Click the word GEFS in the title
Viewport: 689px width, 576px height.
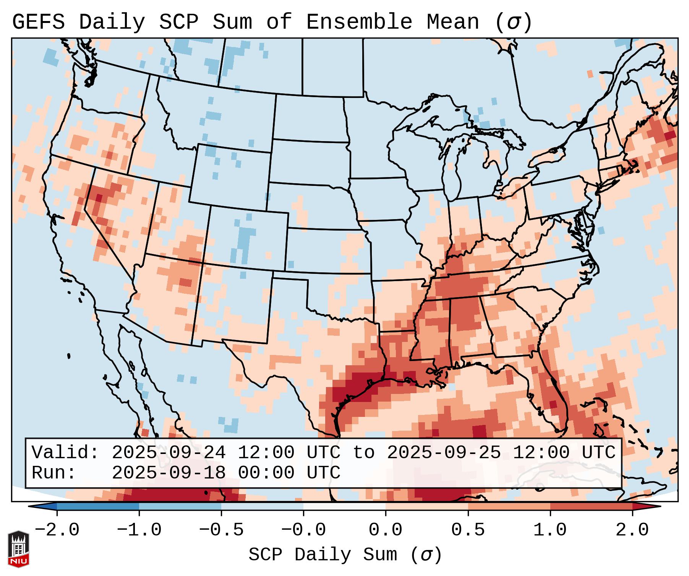pyautogui.click(x=38, y=22)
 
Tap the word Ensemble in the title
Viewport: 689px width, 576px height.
pyautogui.click(x=359, y=22)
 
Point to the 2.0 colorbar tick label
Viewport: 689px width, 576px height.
pyautogui.click(x=632, y=530)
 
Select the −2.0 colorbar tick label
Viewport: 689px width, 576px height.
pyautogui.click(x=57, y=530)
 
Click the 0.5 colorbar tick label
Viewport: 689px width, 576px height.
pyautogui.click(x=468, y=530)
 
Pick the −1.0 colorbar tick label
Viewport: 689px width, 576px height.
pyautogui.click(x=139, y=530)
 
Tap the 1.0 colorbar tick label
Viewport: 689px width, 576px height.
pyautogui.click(x=550, y=530)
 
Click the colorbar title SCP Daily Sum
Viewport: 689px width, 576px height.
pyautogui.click(x=323, y=555)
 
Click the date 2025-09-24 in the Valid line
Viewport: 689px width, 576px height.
pyautogui.click(x=169, y=453)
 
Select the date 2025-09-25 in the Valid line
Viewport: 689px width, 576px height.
pyautogui.click(x=444, y=453)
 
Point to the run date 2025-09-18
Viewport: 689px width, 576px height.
pyautogui.click(x=169, y=473)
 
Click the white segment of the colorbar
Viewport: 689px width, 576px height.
pyautogui.click(x=344, y=506)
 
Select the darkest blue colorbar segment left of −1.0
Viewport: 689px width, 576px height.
pyautogui.click(x=98, y=506)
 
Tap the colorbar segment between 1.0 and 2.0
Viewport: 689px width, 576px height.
pyautogui.click(x=591, y=506)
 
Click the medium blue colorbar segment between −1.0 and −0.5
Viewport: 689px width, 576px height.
pyautogui.click(x=180, y=506)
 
